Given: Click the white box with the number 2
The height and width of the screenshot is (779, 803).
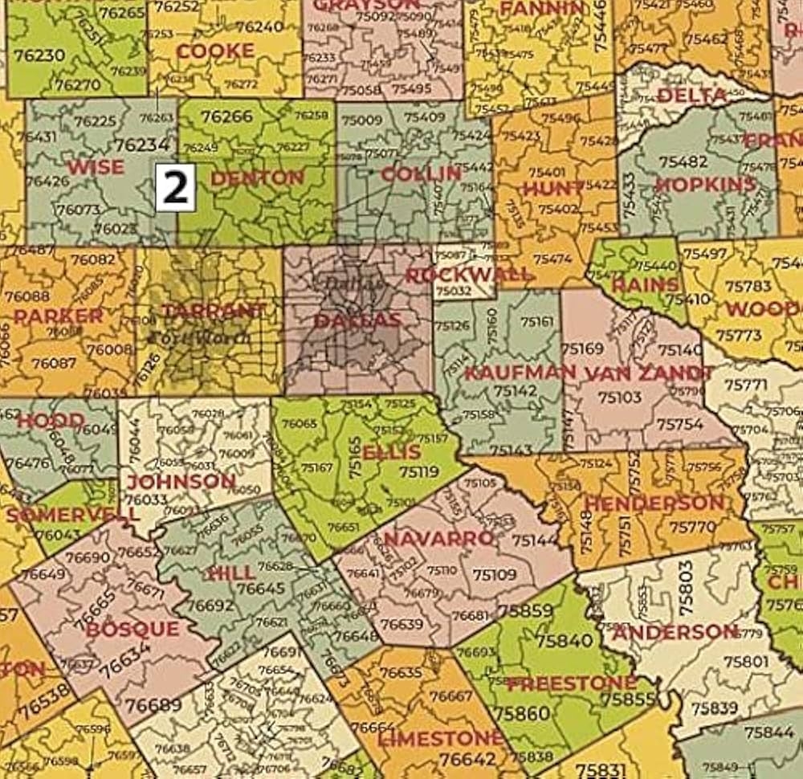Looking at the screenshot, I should [x=175, y=187].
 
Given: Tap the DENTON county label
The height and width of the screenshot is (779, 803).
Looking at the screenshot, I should [x=257, y=178].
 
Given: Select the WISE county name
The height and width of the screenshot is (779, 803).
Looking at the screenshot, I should [x=96, y=167].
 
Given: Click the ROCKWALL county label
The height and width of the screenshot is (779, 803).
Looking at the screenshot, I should [x=468, y=275].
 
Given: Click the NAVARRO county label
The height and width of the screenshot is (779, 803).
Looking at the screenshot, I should [x=438, y=537].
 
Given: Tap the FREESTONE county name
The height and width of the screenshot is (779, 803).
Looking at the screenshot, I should [x=571, y=683].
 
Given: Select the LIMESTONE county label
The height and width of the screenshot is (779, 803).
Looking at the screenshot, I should [x=440, y=737].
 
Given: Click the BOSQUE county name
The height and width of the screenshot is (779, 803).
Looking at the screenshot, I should [x=132, y=629].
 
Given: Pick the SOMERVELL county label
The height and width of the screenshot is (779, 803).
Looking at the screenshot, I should [x=61, y=513].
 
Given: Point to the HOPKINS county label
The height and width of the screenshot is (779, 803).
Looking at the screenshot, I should [x=705, y=184].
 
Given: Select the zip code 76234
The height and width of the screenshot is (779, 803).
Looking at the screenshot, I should [x=141, y=144].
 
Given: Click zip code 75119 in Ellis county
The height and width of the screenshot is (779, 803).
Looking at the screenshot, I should [x=418, y=472].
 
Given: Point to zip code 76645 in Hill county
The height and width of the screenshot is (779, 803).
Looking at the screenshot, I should [x=260, y=589].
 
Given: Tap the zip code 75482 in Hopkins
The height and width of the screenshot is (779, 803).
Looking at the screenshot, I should [x=683, y=161].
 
